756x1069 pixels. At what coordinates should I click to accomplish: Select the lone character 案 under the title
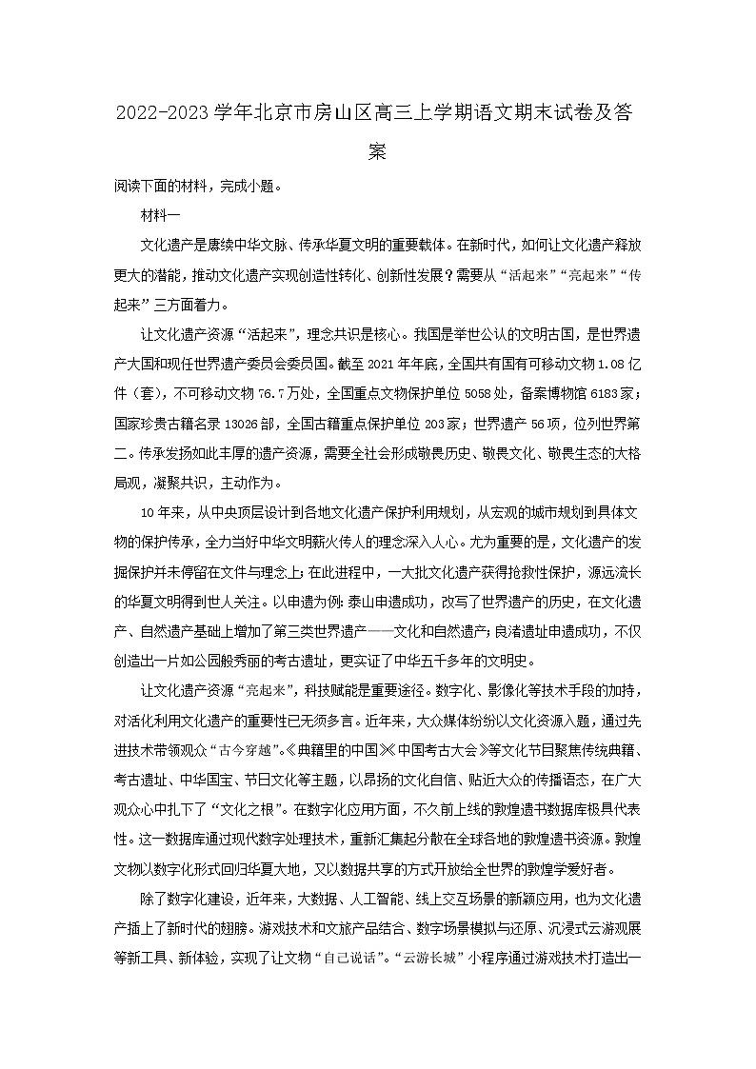[377, 150]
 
